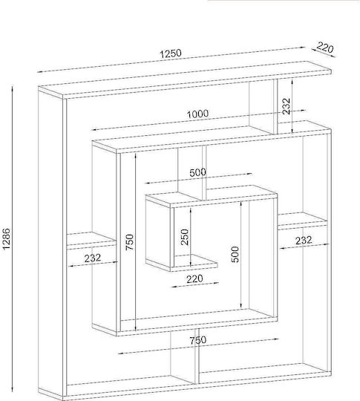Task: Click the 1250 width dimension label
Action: pyautogui.click(x=171, y=53)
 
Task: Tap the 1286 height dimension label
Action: pyautogui.click(x=6, y=238)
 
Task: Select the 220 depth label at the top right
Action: pyautogui.click(x=325, y=48)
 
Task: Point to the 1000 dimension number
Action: pyautogui.click(x=197, y=114)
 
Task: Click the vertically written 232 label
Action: pyautogui.click(x=287, y=106)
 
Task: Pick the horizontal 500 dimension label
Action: pyautogui.click(x=197, y=172)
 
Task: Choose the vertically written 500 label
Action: pyautogui.click(x=235, y=254)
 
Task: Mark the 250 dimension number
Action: pyautogui.click(x=184, y=237)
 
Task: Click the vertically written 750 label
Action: pyautogui.click(x=129, y=242)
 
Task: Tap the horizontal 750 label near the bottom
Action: pyautogui.click(x=197, y=340)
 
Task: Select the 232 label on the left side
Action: pyautogui.click(x=93, y=258)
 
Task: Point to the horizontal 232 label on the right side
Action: pyautogui.click(x=304, y=240)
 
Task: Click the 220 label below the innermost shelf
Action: pyautogui.click(x=194, y=278)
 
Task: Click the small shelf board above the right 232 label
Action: pyautogui.click(x=303, y=221)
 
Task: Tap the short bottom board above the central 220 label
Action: pyautogui.click(x=194, y=263)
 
